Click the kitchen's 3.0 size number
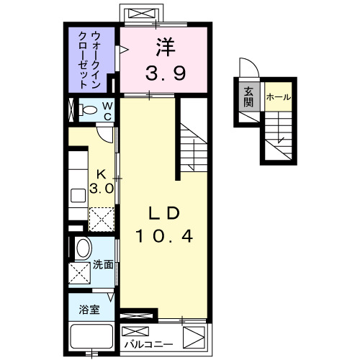coord(102,189)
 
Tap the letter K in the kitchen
coord(102,175)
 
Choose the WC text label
coord(107,112)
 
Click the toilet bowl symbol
coord(89,112)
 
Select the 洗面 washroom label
coord(103,264)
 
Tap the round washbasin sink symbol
coord(83,249)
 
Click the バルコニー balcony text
coord(149,336)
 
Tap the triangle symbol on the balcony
coord(193,337)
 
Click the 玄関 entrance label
coord(248,96)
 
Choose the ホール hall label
coord(278,96)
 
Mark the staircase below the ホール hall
coord(279,137)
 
